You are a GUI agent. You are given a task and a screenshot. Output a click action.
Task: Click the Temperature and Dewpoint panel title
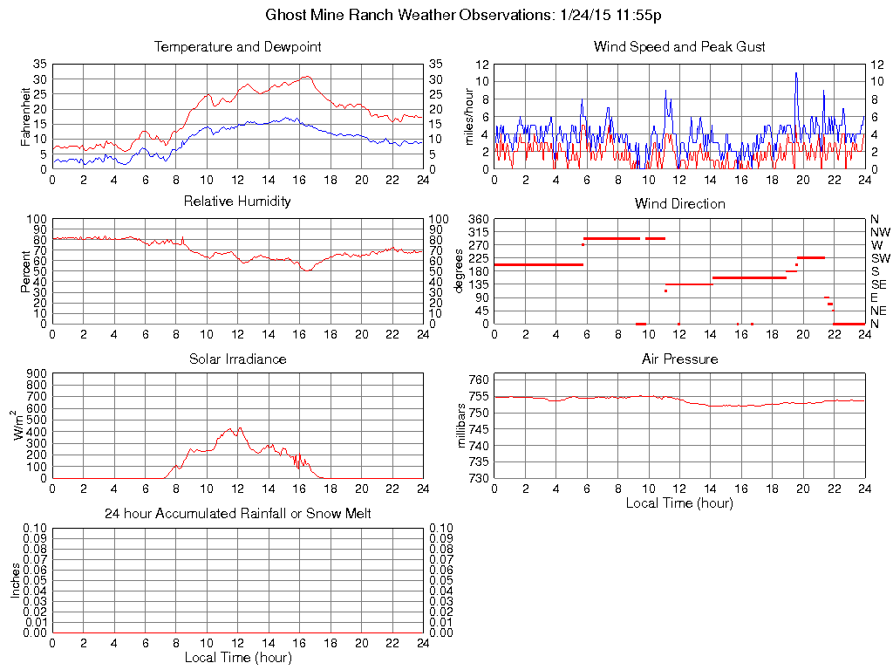(237, 46)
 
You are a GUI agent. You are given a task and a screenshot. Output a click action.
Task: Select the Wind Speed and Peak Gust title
(679, 46)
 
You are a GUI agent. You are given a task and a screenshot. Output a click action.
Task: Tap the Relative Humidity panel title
(237, 202)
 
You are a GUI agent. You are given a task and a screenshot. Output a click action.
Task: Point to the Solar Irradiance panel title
(237, 359)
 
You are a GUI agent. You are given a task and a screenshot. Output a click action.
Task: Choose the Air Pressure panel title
(679, 359)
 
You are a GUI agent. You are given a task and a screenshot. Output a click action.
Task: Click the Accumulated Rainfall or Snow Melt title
(237, 514)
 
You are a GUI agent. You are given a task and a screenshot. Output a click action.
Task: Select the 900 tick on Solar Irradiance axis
(37, 373)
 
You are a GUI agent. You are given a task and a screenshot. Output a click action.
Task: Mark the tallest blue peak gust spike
(795, 73)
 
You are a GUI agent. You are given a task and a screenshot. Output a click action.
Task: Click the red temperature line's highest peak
(307, 77)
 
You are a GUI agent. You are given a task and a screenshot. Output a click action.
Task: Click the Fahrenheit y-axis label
(26, 116)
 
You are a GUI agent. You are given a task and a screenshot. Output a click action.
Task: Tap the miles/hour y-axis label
(468, 116)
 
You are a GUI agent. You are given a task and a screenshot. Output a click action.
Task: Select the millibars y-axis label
(463, 426)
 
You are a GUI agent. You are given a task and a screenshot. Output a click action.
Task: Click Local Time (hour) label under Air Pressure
(679, 502)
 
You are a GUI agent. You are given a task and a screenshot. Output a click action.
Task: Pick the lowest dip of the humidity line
(306, 271)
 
